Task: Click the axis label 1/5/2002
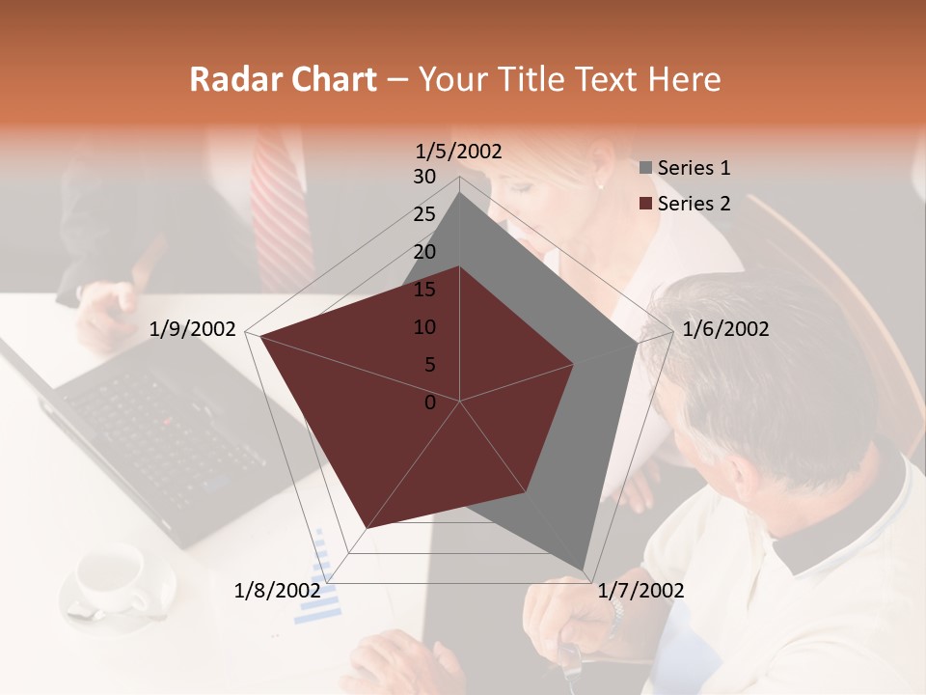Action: pyautogui.click(x=459, y=152)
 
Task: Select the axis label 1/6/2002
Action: pyautogui.click(x=725, y=329)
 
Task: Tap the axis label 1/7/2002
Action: pyautogui.click(x=640, y=590)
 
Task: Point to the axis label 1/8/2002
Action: pyautogui.click(x=278, y=590)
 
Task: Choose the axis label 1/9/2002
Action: pyautogui.click(x=193, y=329)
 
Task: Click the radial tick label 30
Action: pyautogui.click(x=424, y=177)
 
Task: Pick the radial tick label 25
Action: pyautogui.click(x=424, y=214)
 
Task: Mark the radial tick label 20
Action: pyautogui.click(x=424, y=252)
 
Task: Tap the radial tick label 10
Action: pyautogui.click(x=424, y=327)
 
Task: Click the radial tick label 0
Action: pyautogui.click(x=430, y=403)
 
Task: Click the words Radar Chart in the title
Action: pyautogui.click(x=283, y=79)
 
